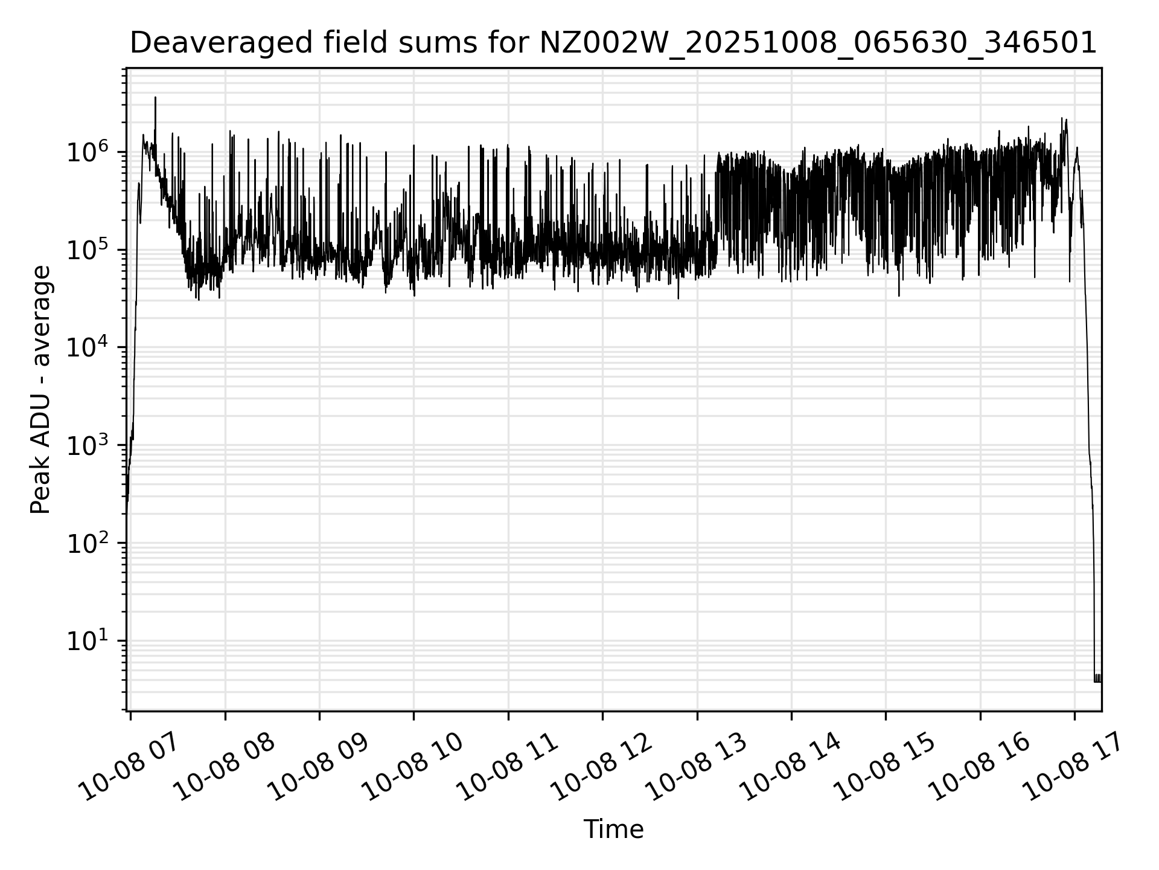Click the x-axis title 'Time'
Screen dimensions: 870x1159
coord(613,829)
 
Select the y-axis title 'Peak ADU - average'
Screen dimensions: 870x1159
coord(41,390)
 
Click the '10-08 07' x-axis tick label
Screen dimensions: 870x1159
coord(131,767)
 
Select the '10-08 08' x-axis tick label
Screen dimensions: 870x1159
coord(226,767)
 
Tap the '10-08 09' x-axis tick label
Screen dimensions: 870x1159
coord(320,767)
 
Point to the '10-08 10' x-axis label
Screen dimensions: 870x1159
coord(414,767)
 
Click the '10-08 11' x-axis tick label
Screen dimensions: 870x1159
coord(508,767)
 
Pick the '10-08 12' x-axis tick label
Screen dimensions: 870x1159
coord(603,767)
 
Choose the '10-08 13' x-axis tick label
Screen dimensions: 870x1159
coord(697,767)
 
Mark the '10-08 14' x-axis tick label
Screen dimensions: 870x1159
coord(791,767)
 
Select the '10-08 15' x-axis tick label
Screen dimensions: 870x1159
coord(886,767)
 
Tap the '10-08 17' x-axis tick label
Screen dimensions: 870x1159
coord(1074,767)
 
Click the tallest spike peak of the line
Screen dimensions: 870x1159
coord(155,98)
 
